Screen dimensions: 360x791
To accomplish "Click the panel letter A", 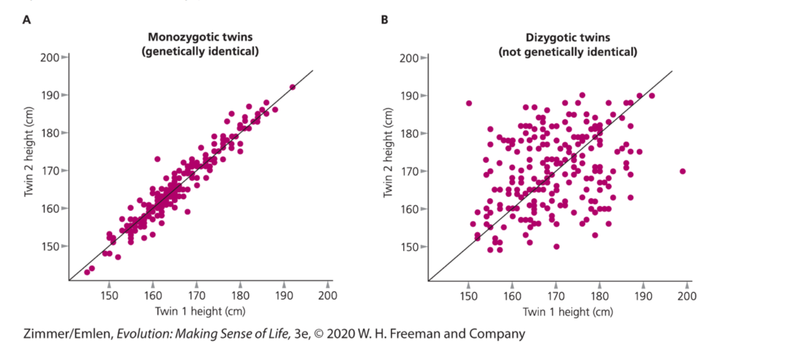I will pos(26,20).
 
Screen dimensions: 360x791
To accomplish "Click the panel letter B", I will pos(384,20).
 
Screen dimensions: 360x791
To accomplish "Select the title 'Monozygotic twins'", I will pos(200,37).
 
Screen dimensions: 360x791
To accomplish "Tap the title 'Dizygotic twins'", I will pos(567,37).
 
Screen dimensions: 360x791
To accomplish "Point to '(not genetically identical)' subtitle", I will pos(567,52).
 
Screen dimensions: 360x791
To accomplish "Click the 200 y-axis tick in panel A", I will pos(49,57).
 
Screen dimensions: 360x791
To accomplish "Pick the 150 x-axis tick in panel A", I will pos(109,295).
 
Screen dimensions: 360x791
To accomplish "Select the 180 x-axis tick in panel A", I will pos(240,295).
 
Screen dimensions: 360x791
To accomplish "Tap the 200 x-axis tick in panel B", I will pos(687,296).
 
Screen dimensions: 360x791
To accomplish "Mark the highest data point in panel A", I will pos(293,87).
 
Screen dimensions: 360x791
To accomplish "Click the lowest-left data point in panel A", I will pos(87,272).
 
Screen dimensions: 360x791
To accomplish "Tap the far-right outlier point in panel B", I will pos(683,171).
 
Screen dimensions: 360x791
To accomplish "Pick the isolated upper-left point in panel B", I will pos(469,103).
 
